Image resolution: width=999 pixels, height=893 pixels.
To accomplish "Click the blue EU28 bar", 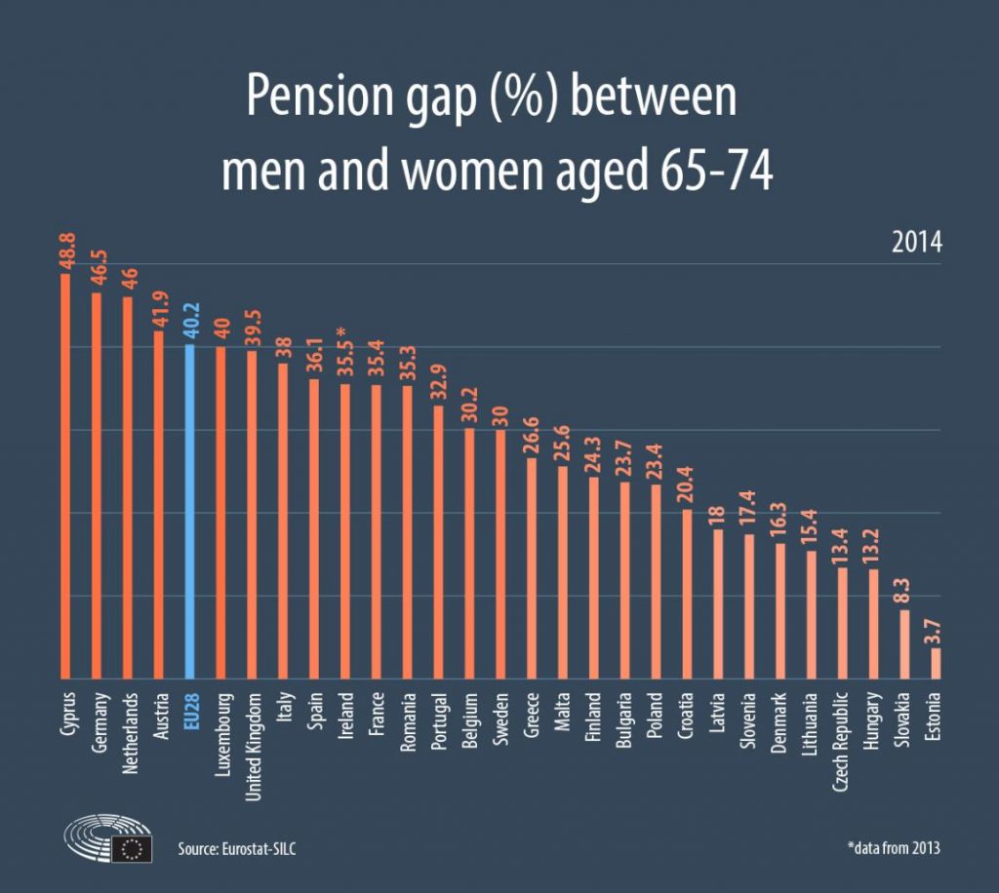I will point(190,511).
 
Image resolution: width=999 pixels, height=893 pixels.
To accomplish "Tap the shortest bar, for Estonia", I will point(937,663).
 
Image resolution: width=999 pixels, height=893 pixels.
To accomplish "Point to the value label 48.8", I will point(65,251).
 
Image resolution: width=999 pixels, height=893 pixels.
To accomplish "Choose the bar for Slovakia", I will point(905,643).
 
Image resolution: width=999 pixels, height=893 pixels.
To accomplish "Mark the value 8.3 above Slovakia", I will point(905,594).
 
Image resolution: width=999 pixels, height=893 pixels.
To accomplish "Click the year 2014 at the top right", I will point(917,243).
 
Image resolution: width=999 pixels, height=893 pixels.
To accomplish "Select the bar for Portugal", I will point(439,541).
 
